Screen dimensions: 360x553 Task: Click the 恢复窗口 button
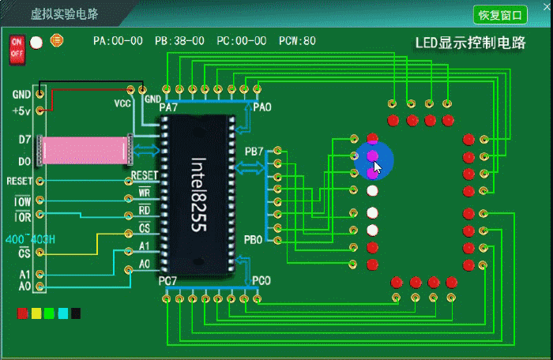(501, 14)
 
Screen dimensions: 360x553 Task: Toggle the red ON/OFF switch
(17, 49)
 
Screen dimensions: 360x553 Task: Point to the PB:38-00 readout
(179, 41)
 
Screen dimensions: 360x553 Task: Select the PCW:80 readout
(297, 41)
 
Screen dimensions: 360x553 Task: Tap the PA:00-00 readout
(118, 41)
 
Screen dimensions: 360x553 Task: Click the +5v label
(21, 111)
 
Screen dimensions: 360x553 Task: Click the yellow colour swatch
(36, 313)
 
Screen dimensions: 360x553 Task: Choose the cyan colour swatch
(62, 313)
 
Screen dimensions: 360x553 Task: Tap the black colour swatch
(76, 313)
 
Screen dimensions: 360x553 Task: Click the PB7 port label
(254, 151)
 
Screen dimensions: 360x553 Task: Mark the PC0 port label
(261, 281)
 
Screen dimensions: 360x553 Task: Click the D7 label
(24, 140)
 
